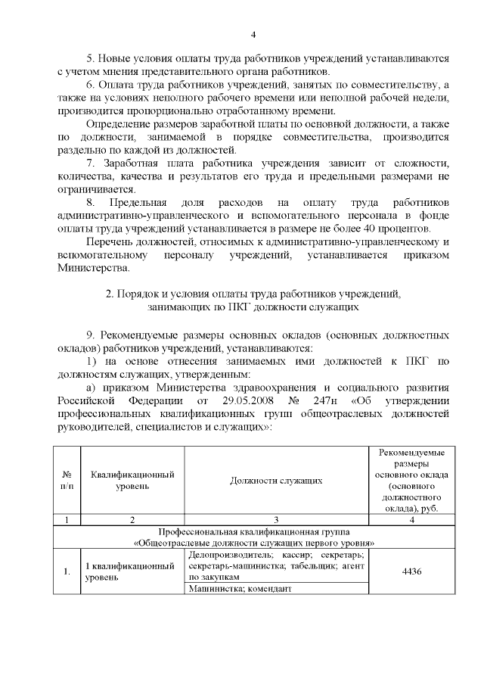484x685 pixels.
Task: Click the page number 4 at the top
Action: tap(254, 34)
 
